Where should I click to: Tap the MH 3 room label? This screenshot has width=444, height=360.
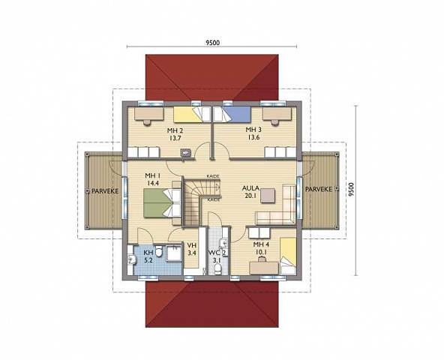point(253,130)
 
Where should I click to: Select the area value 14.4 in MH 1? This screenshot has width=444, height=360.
point(153,183)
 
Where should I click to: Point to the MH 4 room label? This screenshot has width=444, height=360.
point(261,244)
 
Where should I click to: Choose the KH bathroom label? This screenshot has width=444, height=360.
point(148,252)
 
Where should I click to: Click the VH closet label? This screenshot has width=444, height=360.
point(192,245)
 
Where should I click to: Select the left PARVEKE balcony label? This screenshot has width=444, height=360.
point(105,191)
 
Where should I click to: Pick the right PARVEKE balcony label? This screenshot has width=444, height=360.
point(319,189)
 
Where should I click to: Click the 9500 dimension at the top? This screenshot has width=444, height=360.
point(213,43)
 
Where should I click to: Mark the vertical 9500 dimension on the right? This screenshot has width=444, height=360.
point(351,190)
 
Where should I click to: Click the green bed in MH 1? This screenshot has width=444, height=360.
point(162,203)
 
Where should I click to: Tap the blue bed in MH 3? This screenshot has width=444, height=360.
point(232,114)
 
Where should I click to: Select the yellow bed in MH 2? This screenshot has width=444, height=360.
point(192,115)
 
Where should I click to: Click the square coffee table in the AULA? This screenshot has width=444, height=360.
point(268,196)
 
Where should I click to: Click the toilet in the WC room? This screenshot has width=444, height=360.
point(217,269)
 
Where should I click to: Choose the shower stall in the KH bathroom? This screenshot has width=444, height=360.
point(173,253)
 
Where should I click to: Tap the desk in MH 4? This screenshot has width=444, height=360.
point(264,268)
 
